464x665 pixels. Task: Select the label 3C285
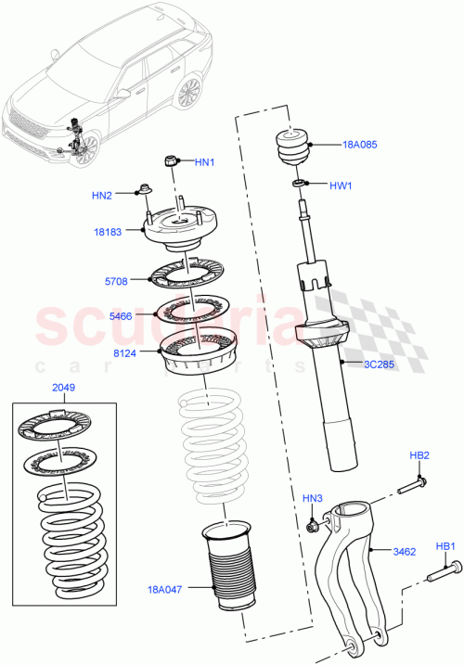379,364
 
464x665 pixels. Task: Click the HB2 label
419,455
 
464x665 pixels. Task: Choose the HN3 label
313,500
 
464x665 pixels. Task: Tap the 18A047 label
165,588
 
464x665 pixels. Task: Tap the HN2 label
102,196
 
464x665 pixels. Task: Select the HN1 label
204,162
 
